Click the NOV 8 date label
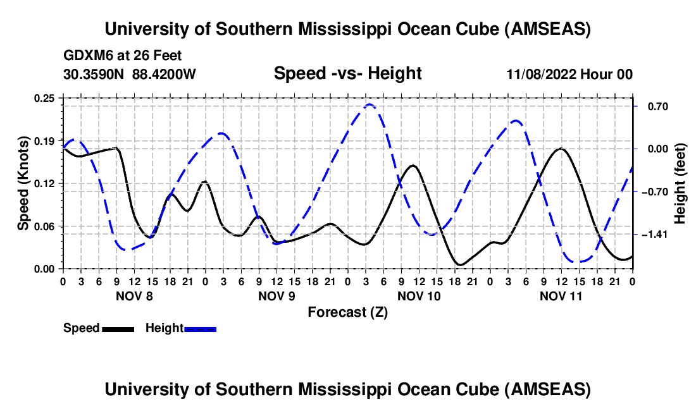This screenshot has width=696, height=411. coord(134,295)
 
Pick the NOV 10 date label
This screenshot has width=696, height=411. coord(419,295)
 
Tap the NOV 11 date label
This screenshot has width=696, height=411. coord(561,295)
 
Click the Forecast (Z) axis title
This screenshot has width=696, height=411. coord(347,312)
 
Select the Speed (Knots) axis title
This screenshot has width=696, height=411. coord(23,183)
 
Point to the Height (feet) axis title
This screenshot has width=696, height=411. coord(680,183)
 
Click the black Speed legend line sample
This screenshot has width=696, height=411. coord(118,329)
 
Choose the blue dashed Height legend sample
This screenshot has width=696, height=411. coord(201,329)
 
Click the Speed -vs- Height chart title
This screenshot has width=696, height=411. coord(347,74)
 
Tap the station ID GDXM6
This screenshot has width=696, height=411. coord(85,56)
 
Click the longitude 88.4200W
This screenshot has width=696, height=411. coord(165,74)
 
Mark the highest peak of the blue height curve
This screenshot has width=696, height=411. coord(370,104)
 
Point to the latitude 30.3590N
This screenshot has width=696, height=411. coord(94,74)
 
